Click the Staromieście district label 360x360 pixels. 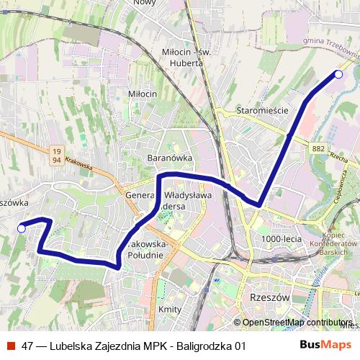click(262, 111)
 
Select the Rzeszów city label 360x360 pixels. click(267, 297)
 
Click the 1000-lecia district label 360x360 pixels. click(281, 238)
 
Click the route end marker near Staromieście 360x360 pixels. click(338, 74)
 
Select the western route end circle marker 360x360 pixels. click(22, 228)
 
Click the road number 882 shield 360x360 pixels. click(319, 148)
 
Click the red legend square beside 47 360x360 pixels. click(10, 345)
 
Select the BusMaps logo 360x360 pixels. click(325, 345)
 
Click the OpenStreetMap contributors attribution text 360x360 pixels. click(297, 323)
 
